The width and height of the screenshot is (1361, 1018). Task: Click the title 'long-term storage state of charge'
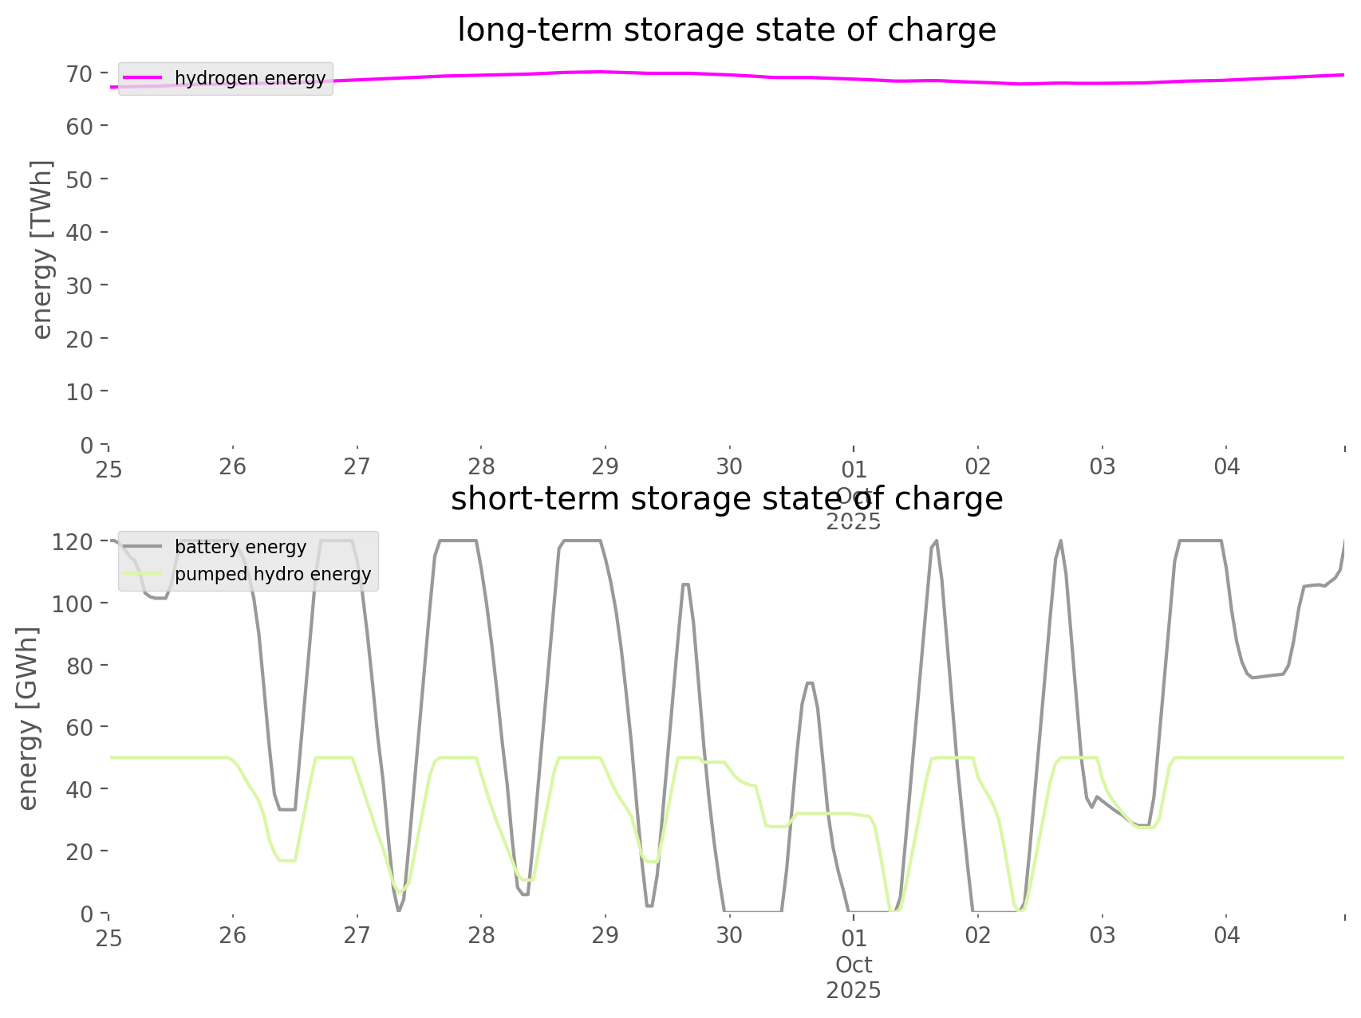click(x=726, y=30)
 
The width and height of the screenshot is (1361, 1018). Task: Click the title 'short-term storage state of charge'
click(x=726, y=499)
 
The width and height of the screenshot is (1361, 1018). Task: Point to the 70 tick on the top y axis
click(x=80, y=74)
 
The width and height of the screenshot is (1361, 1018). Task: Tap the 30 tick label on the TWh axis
click(x=80, y=286)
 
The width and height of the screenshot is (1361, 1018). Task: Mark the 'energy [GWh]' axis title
click(x=29, y=718)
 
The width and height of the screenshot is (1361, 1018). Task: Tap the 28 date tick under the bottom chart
click(x=481, y=936)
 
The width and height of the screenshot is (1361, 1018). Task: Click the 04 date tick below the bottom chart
click(x=1226, y=936)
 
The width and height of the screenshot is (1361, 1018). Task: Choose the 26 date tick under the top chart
click(x=232, y=467)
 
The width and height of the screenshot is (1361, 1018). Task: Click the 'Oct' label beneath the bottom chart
click(x=854, y=965)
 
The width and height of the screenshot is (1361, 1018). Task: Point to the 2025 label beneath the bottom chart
click(x=854, y=991)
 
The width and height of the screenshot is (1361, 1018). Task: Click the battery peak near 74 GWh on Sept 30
click(x=810, y=682)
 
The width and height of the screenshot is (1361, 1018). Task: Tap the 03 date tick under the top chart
click(x=1103, y=467)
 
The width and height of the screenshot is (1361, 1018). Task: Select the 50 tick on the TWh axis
click(x=80, y=180)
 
